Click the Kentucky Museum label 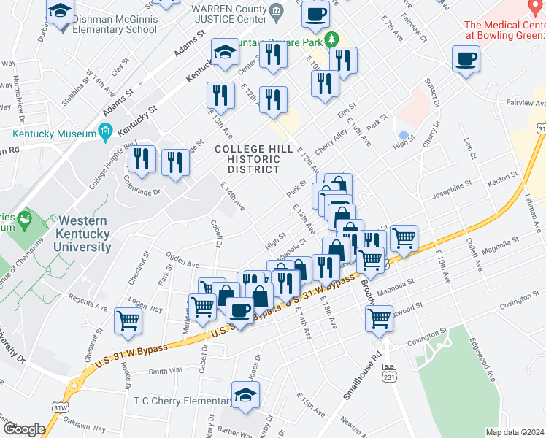(x=55, y=134)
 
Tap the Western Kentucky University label (x=84, y=234)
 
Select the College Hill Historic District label (x=247, y=159)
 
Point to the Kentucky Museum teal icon (x=105, y=134)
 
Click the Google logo (x=23, y=429)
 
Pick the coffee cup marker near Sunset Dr (x=466, y=61)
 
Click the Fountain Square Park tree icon (x=332, y=38)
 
